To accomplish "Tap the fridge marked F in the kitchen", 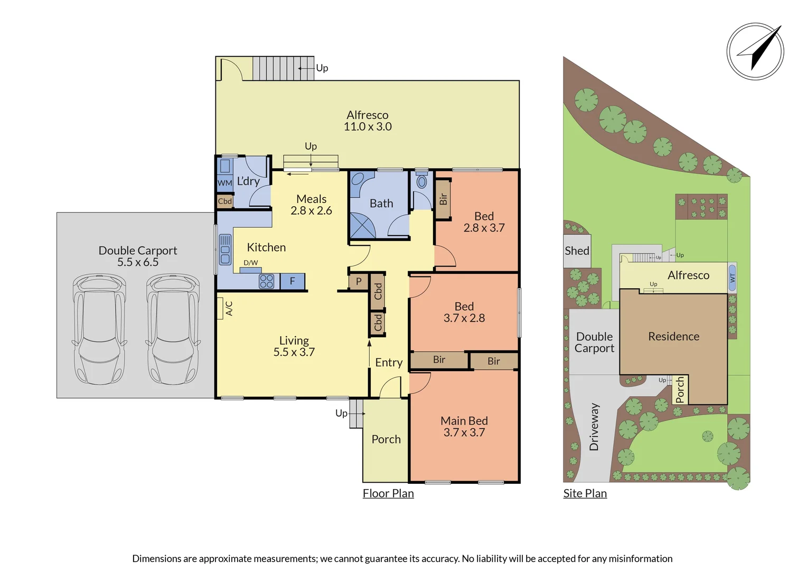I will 292,281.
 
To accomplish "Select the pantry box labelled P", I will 359,281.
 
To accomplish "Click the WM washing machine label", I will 224,183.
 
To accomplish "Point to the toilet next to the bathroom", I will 421,181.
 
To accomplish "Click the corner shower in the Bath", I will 362,225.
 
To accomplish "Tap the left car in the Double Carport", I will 99,329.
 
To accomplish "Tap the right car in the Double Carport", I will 173,329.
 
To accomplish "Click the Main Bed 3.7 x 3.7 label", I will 464,427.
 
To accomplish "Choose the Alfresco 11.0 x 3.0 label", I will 368,121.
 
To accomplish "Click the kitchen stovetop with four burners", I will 266,281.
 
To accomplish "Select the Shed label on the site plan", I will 577,251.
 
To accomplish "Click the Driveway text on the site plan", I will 594,427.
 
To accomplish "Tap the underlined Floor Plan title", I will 388,493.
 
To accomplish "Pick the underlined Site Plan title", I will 585,493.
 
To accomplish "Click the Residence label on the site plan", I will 673,336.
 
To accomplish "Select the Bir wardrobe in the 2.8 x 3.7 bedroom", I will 443,199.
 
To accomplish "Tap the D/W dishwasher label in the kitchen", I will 250,263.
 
